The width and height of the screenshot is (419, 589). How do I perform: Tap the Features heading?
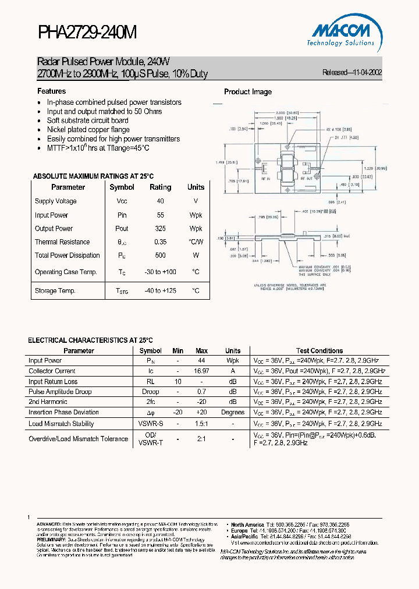point(52,91)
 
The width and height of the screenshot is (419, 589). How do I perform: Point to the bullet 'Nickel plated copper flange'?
point(88,130)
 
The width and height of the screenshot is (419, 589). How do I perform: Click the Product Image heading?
point(248,92)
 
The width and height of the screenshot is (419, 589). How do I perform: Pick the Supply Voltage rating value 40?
point(160,201)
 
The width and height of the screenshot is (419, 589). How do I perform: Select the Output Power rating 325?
point(160,229)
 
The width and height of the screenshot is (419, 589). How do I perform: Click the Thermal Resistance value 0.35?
point(160,242)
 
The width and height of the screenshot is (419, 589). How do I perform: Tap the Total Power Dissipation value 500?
point(160,256)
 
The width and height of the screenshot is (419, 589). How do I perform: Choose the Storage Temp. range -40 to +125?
point(160,291)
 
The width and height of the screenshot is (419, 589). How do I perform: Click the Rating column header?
point(160,187)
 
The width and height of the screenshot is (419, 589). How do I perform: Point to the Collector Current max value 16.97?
point(202,371)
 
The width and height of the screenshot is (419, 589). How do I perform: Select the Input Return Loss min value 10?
point(178,382)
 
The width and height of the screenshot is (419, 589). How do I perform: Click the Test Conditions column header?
point(319,351)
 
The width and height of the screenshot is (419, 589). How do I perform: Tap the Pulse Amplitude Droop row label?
point(60,392)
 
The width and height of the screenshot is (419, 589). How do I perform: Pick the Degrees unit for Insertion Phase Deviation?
point(233,413)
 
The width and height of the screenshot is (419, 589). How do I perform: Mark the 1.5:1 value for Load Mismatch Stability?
point(202,424)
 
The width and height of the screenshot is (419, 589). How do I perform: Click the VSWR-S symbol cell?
point(151,424)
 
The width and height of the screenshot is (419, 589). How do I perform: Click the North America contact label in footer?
point(247,524)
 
